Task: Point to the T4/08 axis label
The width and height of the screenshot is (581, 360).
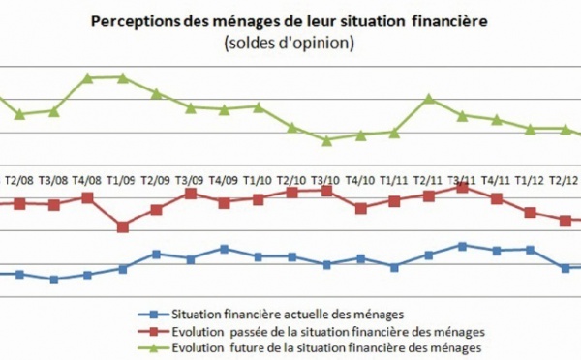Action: click(x=87, y=180)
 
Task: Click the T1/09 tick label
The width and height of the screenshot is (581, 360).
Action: click(x=121, y=180)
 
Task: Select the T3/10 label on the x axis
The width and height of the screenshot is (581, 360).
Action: click(x=325, y=180)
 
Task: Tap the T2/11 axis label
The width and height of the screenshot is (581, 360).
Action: click(x=428, y=180)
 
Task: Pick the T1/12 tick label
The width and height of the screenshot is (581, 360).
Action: click(x=530, y=180)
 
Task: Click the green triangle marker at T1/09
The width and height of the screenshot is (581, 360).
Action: click(x=122, y=77)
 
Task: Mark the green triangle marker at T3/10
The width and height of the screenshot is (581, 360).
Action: click(x=326, y=140)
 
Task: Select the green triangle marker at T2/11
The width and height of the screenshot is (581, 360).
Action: click(x=429, y=98)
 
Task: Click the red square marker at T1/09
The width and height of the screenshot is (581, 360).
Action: click(x=122, y=226)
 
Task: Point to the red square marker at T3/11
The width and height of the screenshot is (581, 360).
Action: click(x=463, y=187)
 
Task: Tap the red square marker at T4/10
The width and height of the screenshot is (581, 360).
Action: click(x=361, y=208)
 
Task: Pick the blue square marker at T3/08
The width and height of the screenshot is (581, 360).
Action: click(x=53, y=279)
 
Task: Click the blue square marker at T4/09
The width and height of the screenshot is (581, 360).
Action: click(x=224, y=249)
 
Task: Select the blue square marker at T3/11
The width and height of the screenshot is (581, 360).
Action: click(x=463, y=246)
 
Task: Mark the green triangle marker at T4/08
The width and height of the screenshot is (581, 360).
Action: click(x=87, y=77)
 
